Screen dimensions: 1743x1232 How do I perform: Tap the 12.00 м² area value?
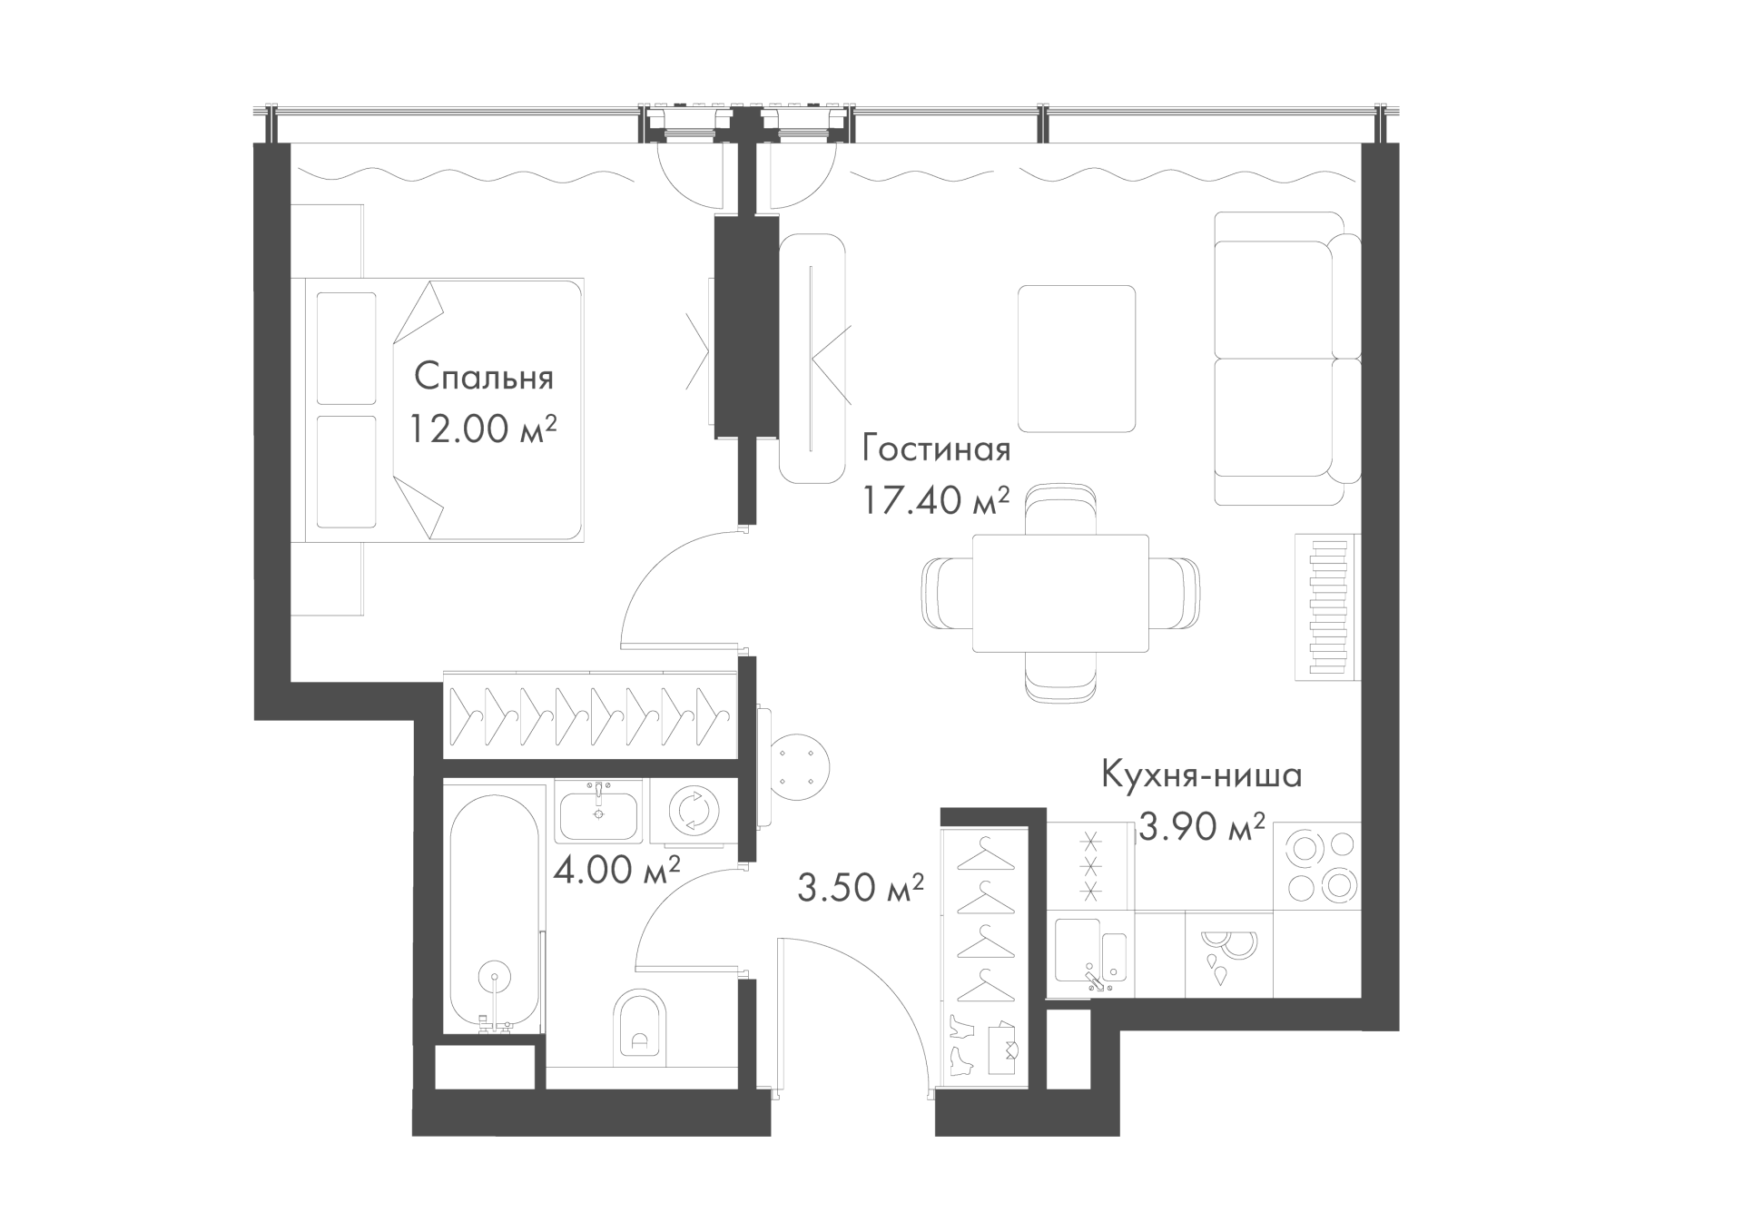pyautogui.click(x=482, y=429)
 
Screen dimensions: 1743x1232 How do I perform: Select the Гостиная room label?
pyautogui.click(x=936, y=448)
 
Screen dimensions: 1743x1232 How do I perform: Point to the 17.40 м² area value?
pyautogui.click(x=936, y=499)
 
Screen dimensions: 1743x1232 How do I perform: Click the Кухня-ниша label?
pyautogui.click(x=1202, y=775)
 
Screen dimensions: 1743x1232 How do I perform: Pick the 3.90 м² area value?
pyautogui.click(x=1202, y=826)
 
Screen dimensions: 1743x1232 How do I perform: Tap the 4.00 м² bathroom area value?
pyautogui.click(x=617, y=870)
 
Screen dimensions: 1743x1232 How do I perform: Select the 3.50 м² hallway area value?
pyautogui.click(x=861, y=887)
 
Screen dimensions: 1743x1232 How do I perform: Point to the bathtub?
pyautogui.click(x=493, y=914)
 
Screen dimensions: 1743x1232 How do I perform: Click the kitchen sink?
pyautogui.click(x=1092, y=954)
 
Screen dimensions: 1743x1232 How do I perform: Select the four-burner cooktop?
pyautogui.click(x=1317, y=866)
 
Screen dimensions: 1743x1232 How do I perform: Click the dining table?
pyautogui.click(x=1060, y=593)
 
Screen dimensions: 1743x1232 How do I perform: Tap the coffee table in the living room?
pyautogui.click(x=1077, y=359)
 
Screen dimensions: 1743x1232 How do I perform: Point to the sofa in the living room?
pyautogui.click(x=1287, y=359)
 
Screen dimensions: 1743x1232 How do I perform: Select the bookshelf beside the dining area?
pyautogui.click(x=1328, y=606)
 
